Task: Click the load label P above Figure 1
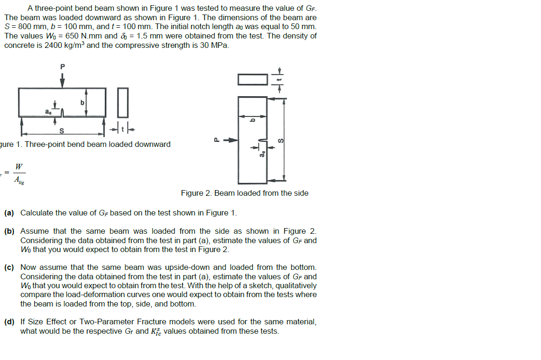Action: [x=62, y=67]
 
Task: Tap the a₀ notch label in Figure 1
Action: [x=48, y=112]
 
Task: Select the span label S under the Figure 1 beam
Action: [x=62, y=130]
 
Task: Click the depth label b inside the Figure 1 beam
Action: [x=83, y=102]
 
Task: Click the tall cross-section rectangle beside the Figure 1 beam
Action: [x=122, y=103]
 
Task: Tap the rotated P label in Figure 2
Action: [x=216, y=139]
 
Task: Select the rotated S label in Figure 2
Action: [x=281, y=140]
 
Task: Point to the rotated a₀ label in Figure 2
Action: [x=263, y=153]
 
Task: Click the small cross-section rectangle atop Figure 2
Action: [x=252, y=79]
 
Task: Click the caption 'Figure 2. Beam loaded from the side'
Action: [x=245, y=193]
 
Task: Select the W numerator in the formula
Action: [x=18, y=167]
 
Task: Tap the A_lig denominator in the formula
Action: [x=18, y=179]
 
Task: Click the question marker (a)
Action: [x=9, y=213]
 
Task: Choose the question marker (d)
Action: [x=9, y=322]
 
